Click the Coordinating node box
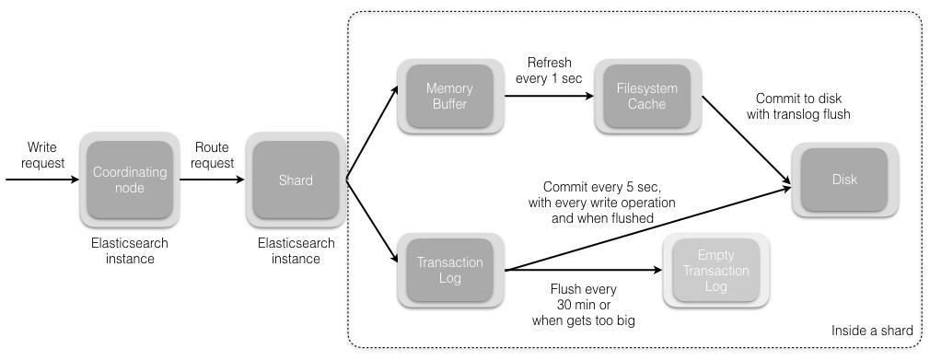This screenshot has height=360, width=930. click(x=130, y=180)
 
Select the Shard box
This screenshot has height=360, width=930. click(x=296, y=180)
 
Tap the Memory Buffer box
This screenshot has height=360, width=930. click(x=450, y=96)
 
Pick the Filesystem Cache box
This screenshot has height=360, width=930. click(x=647, y=96)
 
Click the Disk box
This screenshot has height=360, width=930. click(x=844, y=180)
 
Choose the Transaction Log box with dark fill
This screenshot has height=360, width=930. click(x=450, y=271)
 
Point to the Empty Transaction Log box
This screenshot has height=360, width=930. click(x=715, y=271)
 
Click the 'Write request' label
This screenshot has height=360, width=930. click(x=42, y=155)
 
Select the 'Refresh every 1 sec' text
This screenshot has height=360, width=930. click(x=549, y=70)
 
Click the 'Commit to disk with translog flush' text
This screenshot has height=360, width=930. click(x=798, y=106)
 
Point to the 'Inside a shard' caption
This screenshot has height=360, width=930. click(x=872, y=331)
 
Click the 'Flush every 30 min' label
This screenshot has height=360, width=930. click(x=584, y=297)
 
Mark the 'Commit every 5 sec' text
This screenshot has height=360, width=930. click(x=602, y=187)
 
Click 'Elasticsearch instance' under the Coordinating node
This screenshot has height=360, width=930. click(x=130, y=250)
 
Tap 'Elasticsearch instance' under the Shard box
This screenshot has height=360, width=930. click(x=296, y=250)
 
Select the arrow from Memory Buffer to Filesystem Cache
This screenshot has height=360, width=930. click(x=549, y=96)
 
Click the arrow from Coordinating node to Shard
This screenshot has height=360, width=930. click(x=213, y=180)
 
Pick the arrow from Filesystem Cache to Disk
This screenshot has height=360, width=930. click(x=746, y=139)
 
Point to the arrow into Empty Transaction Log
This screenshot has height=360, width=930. click(x=583, y=270)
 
